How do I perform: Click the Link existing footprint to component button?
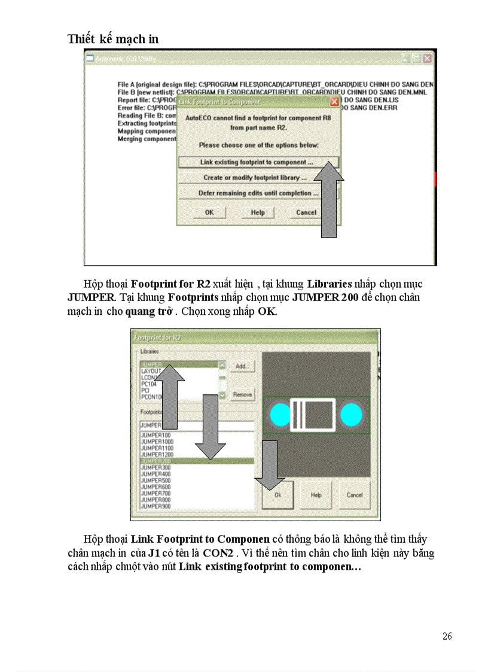[257, 162]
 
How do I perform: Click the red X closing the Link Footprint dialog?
[334, 102]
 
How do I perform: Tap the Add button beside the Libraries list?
[242, 366]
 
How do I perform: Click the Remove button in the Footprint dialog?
[242, 395]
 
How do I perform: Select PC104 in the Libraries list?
[148, 384]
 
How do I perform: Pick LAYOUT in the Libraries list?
[151, 371]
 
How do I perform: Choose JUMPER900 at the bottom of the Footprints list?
[155, 506]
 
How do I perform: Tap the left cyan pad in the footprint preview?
[279, 415]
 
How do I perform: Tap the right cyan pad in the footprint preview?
[351, 415]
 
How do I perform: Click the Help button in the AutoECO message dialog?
[258, 212]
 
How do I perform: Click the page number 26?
[447, 636]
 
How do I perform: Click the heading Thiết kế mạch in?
[113, 39]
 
